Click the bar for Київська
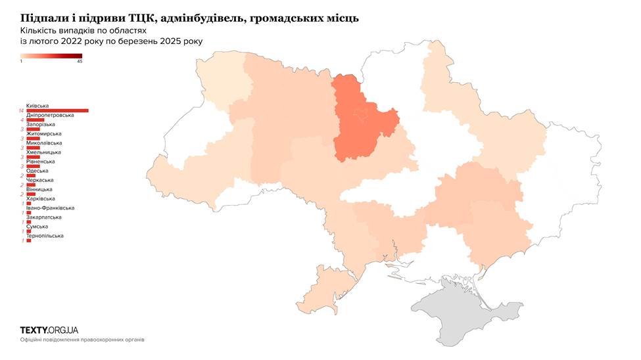[57, 110]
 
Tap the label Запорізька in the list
[41, 124]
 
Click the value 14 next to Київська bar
[22, 111]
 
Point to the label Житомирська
[43, 133]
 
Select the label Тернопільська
[45, 236]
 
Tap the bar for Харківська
[28, 204]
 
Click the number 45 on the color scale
[80, 61]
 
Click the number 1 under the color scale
[22, 61]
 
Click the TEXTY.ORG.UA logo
[49, 330]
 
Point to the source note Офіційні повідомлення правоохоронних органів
[82, 340]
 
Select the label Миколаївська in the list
[44, 143]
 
